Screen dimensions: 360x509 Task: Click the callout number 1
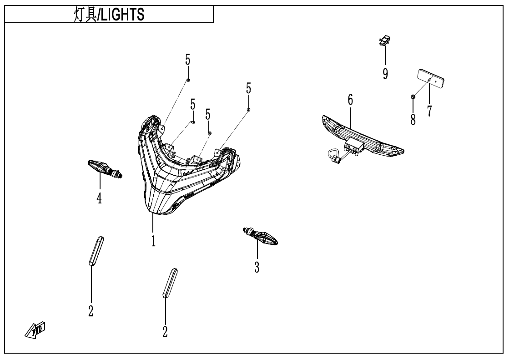coord(154,240)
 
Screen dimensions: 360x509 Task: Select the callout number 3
coord(257,267)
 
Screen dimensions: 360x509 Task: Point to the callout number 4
coord(99,198)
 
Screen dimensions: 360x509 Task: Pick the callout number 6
coord(350,100)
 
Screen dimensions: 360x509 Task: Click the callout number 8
coord(413,120)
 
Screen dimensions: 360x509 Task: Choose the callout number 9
coord(385,73)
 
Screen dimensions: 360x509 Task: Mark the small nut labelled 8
coord(412,96)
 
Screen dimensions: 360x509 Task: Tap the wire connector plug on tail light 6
coord(337,158)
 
